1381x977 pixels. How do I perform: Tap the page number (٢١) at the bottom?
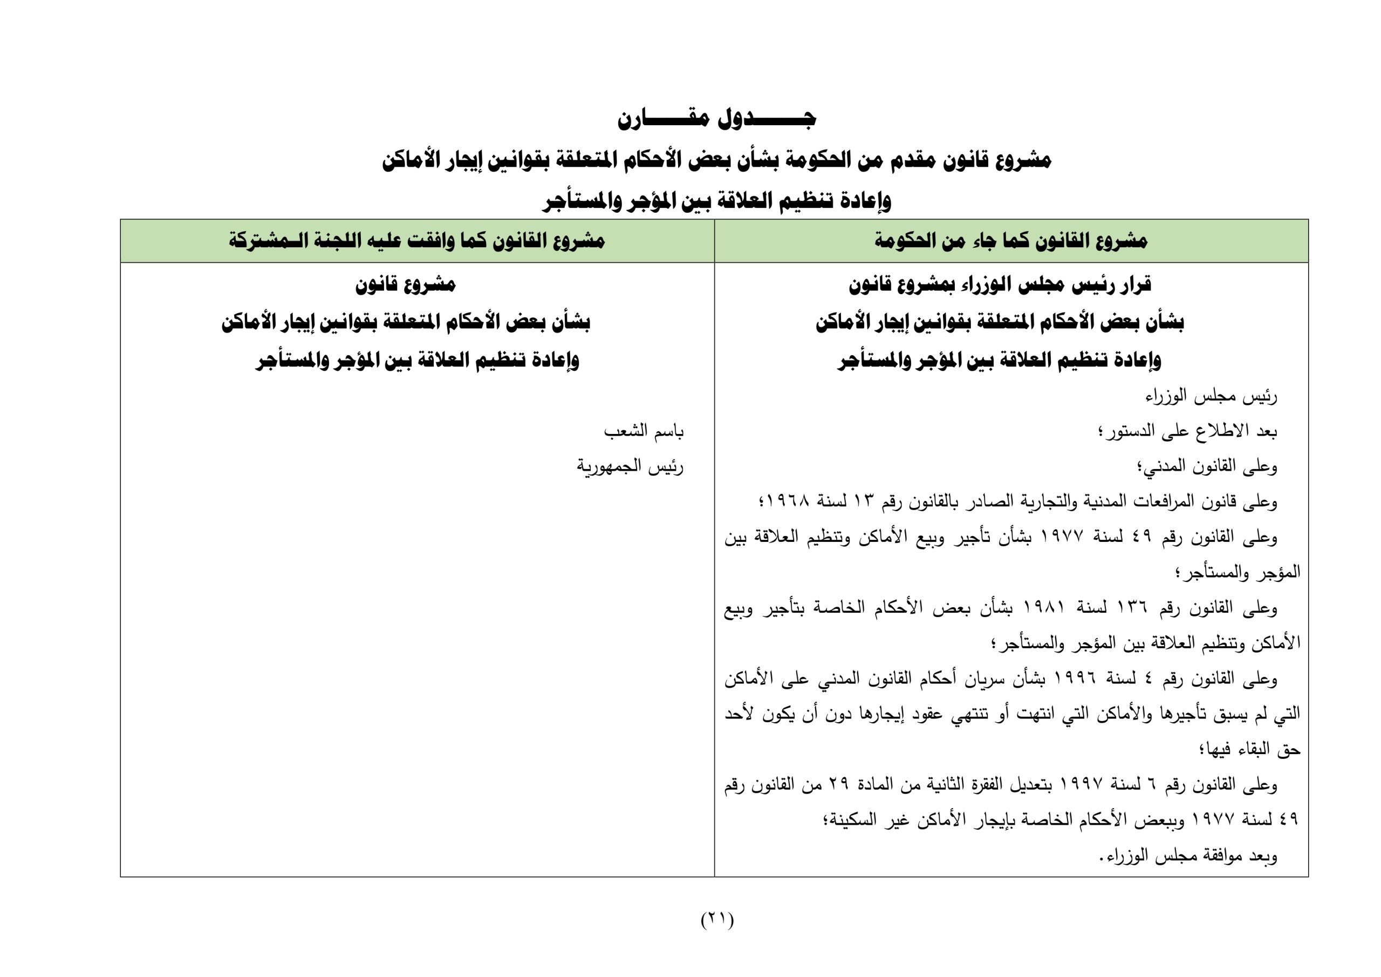pos(717,919)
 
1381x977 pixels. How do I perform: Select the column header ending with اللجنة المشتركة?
pos(416,241)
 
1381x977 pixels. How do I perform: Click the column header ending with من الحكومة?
pos(1010,241)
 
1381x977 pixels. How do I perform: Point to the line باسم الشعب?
pos(644,432)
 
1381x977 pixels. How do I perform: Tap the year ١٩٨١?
pos(1043,608)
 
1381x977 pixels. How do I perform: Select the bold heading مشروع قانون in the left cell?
pos(405,284)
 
